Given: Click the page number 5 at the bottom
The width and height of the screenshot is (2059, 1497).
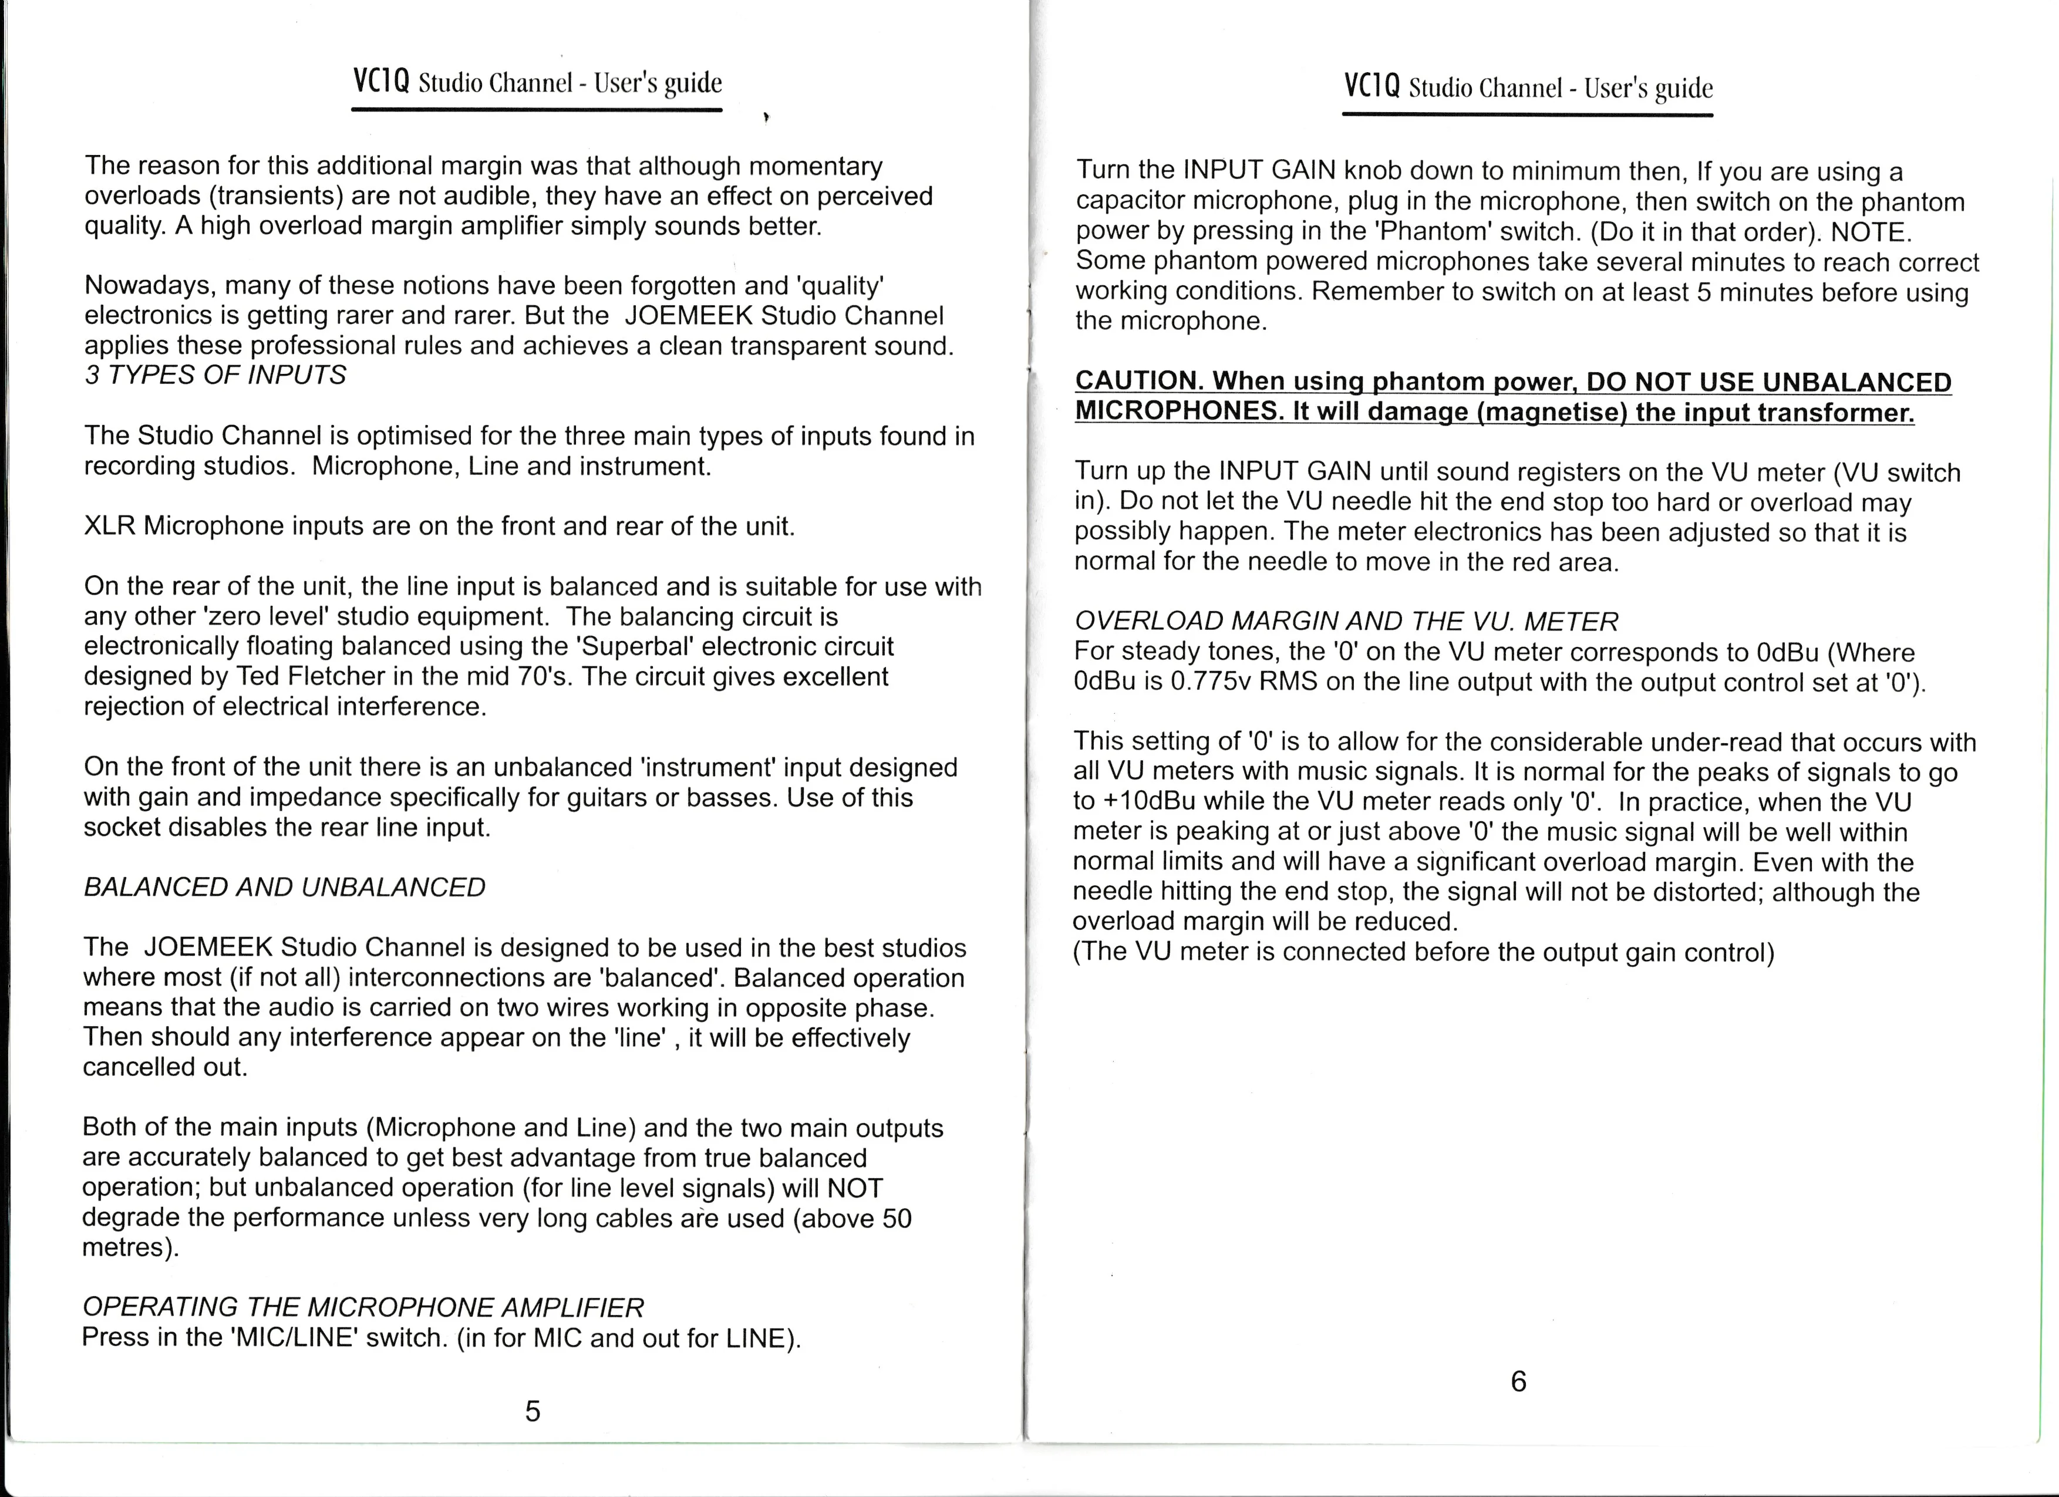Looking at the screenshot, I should click(x=533, y=1410).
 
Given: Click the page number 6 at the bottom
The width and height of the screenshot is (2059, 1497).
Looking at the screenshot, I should click(x=1518, y=1381).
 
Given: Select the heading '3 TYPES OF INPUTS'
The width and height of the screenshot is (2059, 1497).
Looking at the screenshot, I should click(x=215, y=375).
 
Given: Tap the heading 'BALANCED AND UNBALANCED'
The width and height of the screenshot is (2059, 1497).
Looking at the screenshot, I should click(x=284, y=887).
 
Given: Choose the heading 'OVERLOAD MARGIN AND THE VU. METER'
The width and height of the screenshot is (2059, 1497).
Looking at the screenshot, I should click(x=1346, y=622).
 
